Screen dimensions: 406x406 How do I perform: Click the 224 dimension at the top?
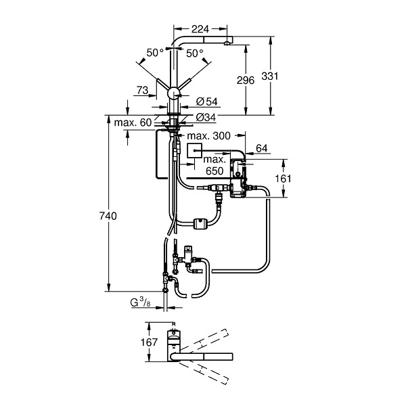pos(200,29)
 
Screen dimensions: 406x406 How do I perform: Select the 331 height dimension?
pos(269,76)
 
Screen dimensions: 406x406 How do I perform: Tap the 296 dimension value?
pos(246,81)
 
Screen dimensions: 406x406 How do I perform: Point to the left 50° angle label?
pos(155,53)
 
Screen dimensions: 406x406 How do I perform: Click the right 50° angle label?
pos(195,53)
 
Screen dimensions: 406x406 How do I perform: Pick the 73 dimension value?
pos(142,90)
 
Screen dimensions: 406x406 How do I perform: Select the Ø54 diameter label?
pos(207,101)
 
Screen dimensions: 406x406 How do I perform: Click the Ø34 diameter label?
pos(206,118)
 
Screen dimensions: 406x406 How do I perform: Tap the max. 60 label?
pos(133,122)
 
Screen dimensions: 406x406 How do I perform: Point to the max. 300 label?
pos(208,136)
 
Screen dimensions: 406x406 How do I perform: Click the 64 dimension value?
pos(261,148)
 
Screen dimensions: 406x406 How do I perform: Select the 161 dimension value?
pos(283,179)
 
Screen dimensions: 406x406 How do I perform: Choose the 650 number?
pos(215,171)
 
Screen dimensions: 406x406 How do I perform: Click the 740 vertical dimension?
pos(108,216)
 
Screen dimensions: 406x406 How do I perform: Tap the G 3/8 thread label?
pos(140,302)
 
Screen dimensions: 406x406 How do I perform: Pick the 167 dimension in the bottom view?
pos(149,342)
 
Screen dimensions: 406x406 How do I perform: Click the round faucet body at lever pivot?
pos(173,93)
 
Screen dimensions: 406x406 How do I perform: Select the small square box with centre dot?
pos(194,150)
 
